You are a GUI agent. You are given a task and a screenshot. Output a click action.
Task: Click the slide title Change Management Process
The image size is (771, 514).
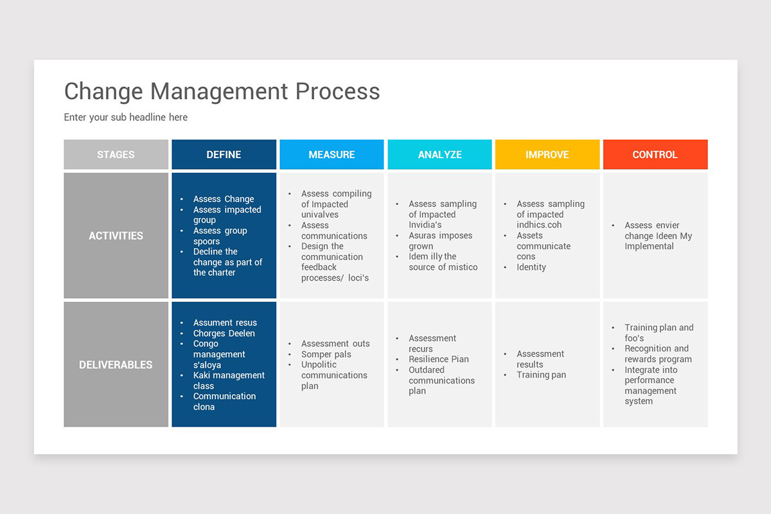coord(222,91)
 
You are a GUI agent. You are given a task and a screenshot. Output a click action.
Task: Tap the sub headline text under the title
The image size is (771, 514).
coord(126,117)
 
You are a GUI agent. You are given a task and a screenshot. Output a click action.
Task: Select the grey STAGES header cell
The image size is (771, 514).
coord(116,155)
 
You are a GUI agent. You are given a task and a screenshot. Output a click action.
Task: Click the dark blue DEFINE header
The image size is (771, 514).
coord(224,155)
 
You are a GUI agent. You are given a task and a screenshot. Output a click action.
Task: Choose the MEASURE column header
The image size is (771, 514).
coord(332,155)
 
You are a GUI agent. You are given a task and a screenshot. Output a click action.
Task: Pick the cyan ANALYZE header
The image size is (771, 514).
coord(439,155)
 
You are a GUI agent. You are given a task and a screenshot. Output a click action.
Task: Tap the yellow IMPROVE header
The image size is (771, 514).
coord(547,155)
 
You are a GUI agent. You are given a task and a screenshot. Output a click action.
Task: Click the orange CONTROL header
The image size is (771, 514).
coord(655,155)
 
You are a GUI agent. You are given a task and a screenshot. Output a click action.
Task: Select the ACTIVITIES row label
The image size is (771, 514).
coord(116,236)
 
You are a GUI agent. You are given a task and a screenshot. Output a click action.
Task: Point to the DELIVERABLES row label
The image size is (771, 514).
coord(116,365)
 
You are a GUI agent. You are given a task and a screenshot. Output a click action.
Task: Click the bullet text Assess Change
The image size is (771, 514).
coord(224,199)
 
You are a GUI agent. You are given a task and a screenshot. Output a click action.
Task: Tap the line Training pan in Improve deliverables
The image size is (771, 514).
coord(541,375)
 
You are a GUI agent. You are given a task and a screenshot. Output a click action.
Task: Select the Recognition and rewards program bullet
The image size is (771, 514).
coord(657,354)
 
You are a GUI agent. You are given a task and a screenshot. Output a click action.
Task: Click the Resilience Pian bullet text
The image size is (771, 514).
coord(439,359)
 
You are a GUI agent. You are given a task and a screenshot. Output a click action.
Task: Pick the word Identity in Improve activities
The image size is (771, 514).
coord(531,267)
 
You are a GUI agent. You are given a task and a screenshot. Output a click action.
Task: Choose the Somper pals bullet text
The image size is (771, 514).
coord(326,355)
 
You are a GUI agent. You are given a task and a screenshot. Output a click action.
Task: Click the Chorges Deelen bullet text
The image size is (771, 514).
coord(224,333)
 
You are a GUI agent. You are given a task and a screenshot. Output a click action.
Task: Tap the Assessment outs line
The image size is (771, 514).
coord(335,344)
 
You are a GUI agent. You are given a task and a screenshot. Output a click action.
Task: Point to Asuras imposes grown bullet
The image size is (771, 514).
coord(440,241)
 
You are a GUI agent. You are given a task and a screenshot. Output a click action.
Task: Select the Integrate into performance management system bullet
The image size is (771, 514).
coord(650,385)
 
